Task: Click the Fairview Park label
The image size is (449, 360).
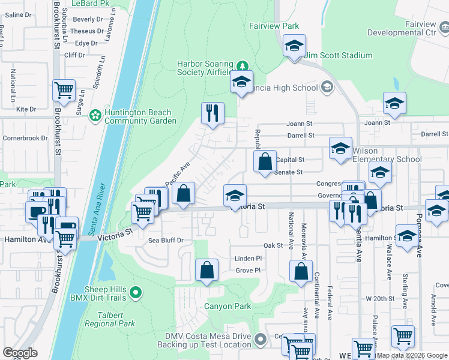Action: pyautogui.click(x=274, y=26)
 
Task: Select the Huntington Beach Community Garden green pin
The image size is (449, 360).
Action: pyautogui.click(x=95, y=115)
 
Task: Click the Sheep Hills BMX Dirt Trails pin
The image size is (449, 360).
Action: pyautogui.click(x=136, y=293)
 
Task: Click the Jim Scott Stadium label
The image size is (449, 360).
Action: pyautogui.click(x=338, y=56)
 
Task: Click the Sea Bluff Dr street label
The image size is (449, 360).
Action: pyautogui.click(x=166, y=240)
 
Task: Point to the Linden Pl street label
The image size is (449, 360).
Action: pyautogui.click(x=248, y=258)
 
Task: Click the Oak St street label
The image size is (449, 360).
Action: pyautogui.click(x=273, y=245)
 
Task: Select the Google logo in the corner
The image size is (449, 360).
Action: pyautogui.click(x=20, y=353)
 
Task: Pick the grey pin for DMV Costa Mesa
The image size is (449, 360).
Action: pyautogui.click(x=260, y=340)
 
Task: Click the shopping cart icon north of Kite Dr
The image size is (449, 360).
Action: pyautogui.click(x=64, y=91)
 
